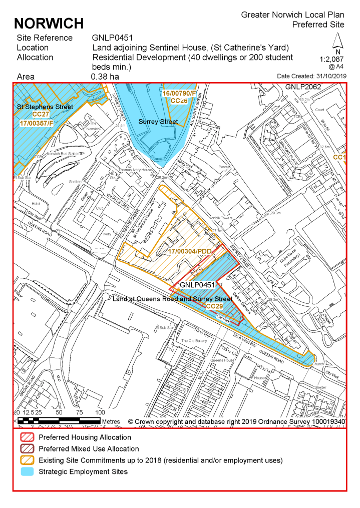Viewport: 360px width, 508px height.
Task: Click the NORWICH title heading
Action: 49,23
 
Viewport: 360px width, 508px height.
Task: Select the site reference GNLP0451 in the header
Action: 112,38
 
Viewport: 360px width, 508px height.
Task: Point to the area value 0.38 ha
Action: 105,77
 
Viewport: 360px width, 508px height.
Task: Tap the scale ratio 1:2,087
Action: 332,59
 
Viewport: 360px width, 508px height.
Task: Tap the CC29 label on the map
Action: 214,306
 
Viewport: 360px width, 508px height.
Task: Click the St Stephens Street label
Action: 45,107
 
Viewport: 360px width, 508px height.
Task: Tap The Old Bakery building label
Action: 194,341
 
